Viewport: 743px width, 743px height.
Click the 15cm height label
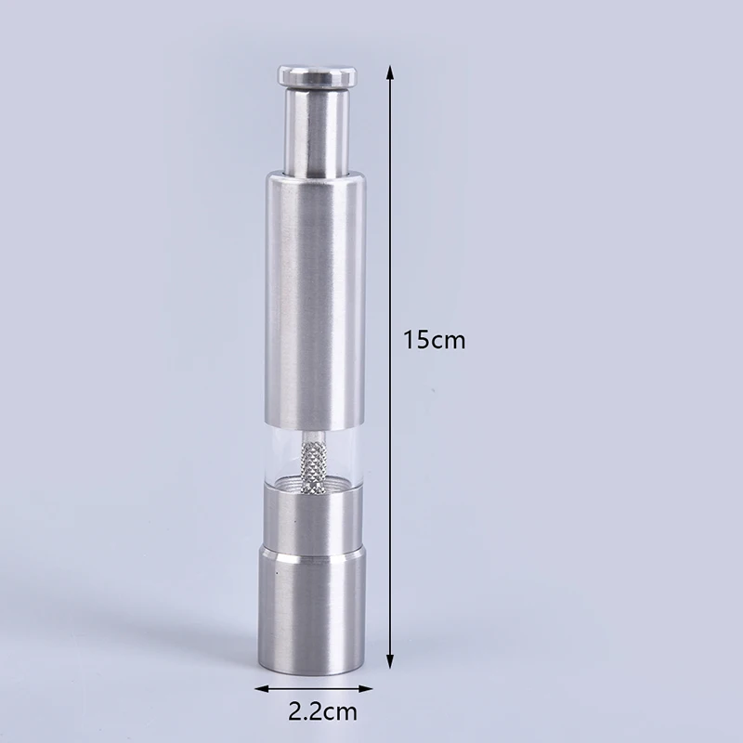(434, 339)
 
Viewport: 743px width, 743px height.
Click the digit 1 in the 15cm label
(410, 339)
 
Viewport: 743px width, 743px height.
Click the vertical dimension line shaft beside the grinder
(390, 232)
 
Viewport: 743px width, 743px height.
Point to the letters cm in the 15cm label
(449, 340)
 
